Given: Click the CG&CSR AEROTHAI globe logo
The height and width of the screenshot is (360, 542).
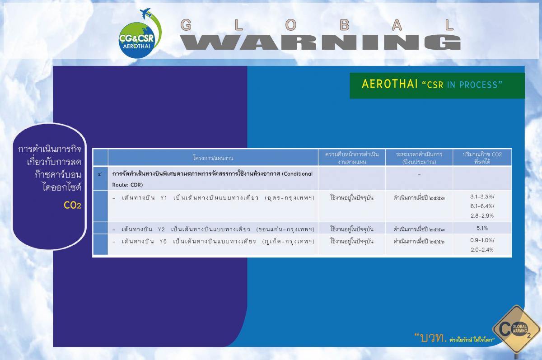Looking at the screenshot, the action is tap(137, 40).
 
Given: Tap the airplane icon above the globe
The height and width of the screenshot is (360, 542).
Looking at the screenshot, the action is tap(145, 13).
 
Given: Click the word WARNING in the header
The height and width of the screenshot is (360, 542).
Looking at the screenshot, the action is tap(320, 42).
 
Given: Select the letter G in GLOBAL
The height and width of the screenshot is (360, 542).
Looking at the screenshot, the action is tap(186, 25).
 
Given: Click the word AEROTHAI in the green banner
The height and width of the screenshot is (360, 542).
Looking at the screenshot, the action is tap(389, 84).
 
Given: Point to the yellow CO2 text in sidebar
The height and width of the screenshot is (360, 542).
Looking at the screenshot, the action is tap(72, 206).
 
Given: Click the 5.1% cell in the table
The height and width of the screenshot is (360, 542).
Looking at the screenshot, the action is tap(482, 228).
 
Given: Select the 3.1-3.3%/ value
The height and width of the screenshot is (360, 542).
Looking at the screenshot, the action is tap(482, 196).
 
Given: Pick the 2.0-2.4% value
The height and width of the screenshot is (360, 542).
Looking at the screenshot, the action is tap(482, 250).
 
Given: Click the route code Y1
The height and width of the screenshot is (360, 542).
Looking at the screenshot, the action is tap(164, 198).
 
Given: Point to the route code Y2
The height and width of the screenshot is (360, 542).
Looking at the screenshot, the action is tap(161, 229).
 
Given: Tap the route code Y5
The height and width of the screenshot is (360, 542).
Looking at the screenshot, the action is tap(163, 242).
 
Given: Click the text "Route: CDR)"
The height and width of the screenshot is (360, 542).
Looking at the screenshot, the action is tap(127, 185).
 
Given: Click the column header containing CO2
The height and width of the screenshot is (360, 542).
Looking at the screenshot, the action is tap(482, 158).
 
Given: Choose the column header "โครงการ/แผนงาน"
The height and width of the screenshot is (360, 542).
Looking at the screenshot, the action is tap(213, 158).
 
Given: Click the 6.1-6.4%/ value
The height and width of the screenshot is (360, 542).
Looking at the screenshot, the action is tap(482, 206).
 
